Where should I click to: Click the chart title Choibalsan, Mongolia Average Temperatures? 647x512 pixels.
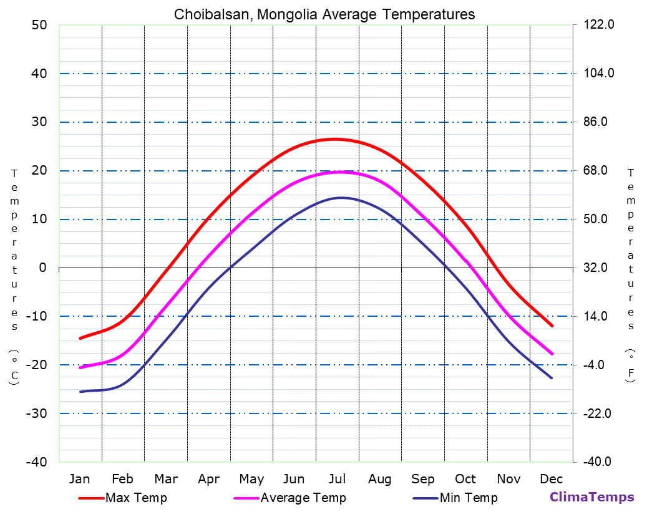(x=324, y=14)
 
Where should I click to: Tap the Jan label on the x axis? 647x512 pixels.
(x=79, y=479)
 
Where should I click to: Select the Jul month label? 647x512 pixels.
(x=337, y=479)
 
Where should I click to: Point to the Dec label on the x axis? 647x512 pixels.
(x=552, y=479)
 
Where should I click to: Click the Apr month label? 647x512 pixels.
(x=208, y=479)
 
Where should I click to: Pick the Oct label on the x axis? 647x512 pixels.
(x=465, y=479)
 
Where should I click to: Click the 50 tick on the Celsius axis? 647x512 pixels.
(x=39, y=25)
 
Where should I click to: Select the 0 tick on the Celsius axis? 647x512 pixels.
(x=42, y=268)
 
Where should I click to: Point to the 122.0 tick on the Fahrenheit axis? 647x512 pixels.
(x=599, y=25)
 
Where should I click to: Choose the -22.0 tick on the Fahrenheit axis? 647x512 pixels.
(x=596, y=413)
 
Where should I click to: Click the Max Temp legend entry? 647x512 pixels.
(x=136, y=498)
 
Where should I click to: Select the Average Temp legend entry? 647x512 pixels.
(x=303, y=498)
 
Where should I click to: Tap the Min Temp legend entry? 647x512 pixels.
(x=468, y=498)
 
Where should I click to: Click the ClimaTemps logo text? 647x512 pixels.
(x=591, y=497)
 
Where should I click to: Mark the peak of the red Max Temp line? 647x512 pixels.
(x=334, y=138)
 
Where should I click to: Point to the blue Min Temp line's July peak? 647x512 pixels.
(x=341, y=198)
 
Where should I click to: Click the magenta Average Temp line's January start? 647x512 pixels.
(x=80, y=367)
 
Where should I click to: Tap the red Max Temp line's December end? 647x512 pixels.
(x=552, y=326)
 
